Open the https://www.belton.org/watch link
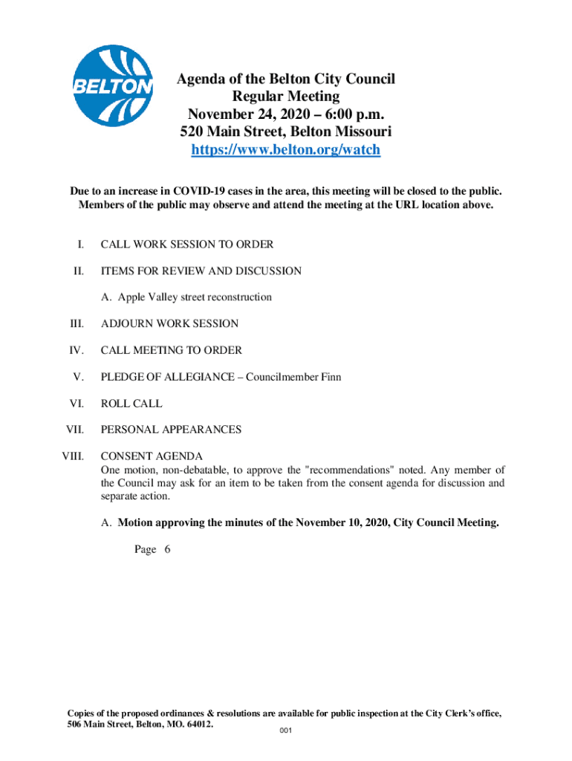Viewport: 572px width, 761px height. coord(286,149)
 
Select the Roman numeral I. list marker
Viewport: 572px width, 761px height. coord(79,244)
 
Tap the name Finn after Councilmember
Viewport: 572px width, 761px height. coord(331,377)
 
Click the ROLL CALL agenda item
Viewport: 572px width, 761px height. coord(131,404)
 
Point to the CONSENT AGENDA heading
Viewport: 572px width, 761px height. coord(152,456)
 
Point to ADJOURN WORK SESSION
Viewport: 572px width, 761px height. coord(169,324)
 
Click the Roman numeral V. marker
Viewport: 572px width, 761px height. coord(78,377)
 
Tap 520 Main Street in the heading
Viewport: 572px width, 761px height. coord(225,132)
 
